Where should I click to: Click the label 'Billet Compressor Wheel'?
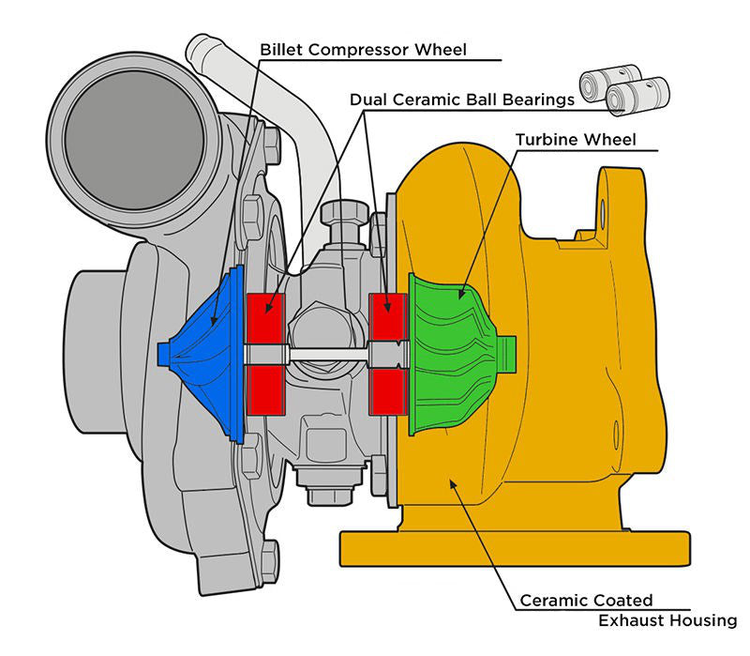[362, 49]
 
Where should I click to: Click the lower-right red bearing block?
[385, 389]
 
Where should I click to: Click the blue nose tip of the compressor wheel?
[167, 352]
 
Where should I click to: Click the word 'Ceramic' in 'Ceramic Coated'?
[551, 600]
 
